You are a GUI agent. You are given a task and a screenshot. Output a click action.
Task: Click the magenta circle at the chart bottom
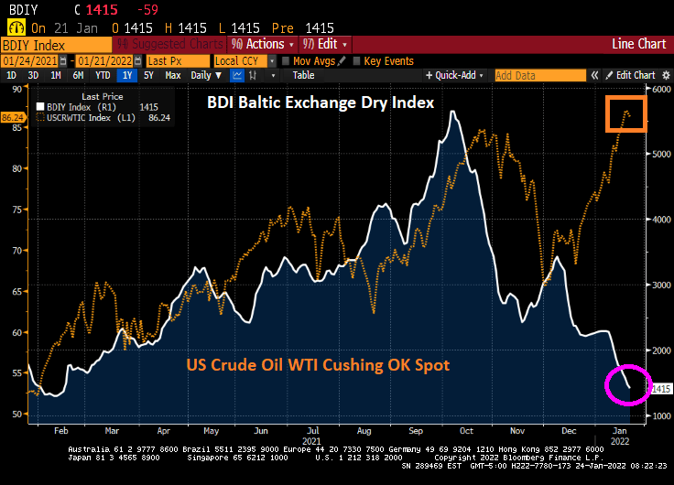(x=627, y=385)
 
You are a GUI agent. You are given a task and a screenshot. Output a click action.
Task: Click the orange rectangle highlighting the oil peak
(x=625, y=113)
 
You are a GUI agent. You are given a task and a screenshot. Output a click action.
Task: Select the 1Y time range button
(x=126, y=75)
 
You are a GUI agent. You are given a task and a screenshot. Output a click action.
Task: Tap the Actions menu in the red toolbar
(x=263, y=44)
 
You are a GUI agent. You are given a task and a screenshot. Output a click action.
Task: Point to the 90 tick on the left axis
(x=16, y=89)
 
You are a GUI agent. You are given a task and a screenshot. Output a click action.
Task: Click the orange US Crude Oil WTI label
(x=318, y=364)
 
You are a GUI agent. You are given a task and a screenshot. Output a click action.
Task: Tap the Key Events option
(x=388, y=61)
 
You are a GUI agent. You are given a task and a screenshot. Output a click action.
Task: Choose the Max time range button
(x=172, y=75)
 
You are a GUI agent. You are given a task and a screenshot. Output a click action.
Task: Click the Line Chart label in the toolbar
(x=638, y=44)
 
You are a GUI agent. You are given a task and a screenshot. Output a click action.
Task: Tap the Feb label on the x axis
(x=60, y=429)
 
